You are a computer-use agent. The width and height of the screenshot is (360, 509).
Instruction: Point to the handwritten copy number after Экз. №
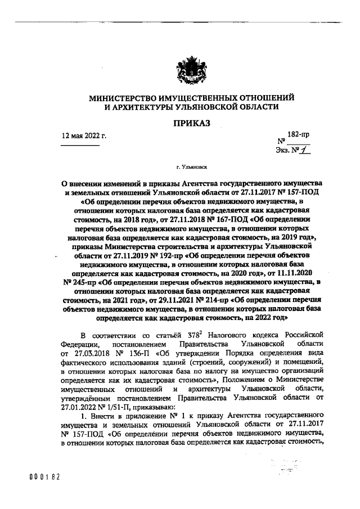tap(306, 150)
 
